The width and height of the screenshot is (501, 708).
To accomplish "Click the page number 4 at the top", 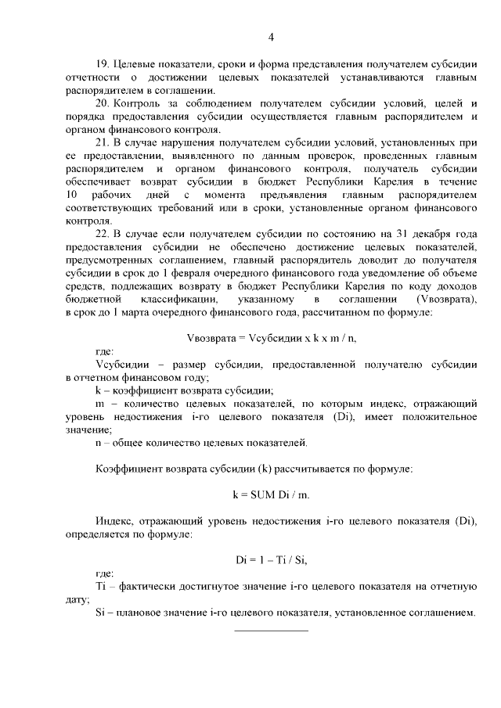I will [270, 37].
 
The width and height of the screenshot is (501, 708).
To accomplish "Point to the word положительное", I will [437, 418].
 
